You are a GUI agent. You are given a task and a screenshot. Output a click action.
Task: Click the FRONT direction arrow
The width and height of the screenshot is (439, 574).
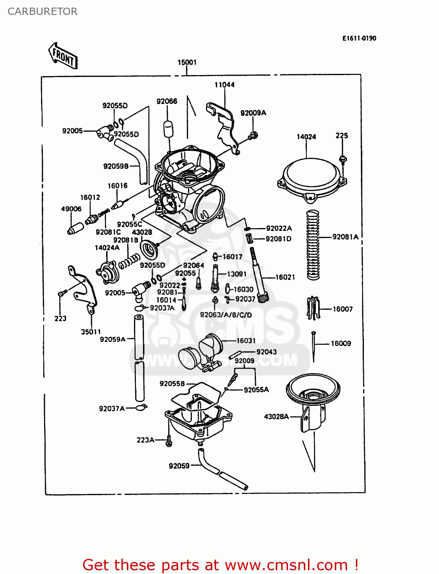[63, 56]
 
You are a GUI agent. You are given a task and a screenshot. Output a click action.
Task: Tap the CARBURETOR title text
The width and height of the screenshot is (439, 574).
[43, 11]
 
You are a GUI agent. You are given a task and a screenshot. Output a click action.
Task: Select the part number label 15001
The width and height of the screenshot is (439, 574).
[187, 62]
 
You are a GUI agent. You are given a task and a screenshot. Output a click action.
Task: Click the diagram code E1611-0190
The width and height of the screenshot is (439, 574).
[359, 38]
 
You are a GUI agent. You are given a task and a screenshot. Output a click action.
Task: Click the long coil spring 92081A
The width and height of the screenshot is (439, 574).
[313, 245]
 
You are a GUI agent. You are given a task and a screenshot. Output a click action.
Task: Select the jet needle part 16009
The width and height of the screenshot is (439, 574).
[314, 346]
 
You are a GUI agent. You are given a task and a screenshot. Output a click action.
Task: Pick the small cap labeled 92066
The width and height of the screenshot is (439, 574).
[168, 129]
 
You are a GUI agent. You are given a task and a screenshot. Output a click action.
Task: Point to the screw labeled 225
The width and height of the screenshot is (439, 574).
[343, 159]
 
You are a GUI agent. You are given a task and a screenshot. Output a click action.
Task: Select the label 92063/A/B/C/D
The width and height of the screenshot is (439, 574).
[226, 315]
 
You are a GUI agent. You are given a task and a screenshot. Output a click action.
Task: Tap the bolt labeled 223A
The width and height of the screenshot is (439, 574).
[169, 441]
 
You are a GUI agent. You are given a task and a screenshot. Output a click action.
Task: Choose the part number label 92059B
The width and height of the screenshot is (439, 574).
[116, 166]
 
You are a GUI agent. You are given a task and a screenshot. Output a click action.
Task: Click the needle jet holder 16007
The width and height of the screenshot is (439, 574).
[313, 308]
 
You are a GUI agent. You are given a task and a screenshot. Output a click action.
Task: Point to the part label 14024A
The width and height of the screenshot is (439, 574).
[107, 248]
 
